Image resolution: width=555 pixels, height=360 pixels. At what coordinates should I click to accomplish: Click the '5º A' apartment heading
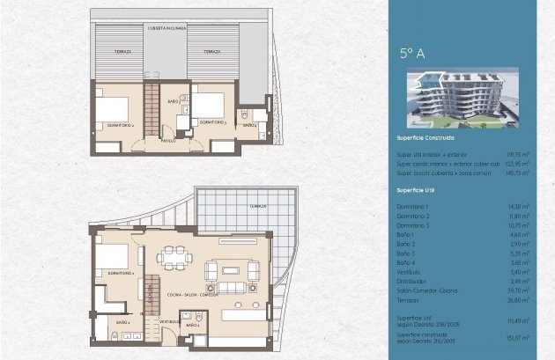pos(412,54)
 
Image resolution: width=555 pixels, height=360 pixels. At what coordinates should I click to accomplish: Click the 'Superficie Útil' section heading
pos(418,189)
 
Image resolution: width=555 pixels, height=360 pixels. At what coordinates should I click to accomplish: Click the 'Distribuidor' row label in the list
pos(411,281)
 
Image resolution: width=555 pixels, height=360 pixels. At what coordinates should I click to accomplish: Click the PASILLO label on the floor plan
pos(167,140)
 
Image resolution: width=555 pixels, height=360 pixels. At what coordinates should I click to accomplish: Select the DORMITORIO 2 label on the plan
pos(120,126)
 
